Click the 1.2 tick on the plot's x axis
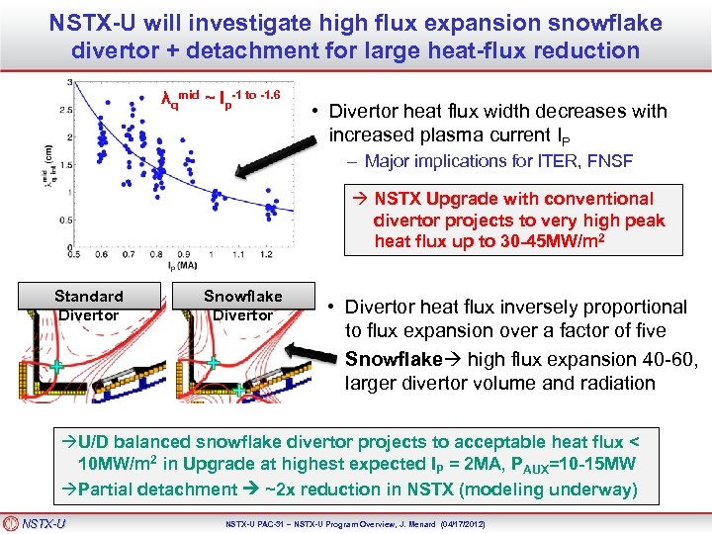coord(266,254)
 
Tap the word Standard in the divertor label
coord(89,296)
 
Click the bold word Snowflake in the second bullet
coord(390,359)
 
